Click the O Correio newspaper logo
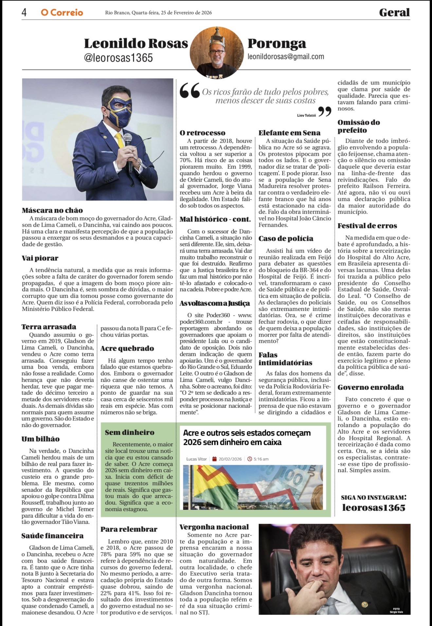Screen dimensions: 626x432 (62, 13)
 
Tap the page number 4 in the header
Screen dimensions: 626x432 (24, 12)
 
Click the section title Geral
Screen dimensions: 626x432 (394, 13)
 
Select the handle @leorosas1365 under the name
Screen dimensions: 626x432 (118, 58)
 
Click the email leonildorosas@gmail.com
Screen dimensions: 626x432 (286, 57)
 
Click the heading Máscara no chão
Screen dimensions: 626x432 (52, 210)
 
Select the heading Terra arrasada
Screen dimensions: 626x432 (49, 327)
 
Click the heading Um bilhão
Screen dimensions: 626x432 (41, 439)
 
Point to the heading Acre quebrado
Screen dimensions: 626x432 (127, 348)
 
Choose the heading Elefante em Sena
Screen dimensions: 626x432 (289, 133)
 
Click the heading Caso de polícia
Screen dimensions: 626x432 (286, 238)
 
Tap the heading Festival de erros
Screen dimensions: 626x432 (367, 226)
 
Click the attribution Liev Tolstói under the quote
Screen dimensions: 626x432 (306, 115)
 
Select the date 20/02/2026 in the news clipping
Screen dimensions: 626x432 (230, 459)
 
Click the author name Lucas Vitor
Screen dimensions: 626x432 (196, 459)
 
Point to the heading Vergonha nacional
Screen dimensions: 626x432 (214, 527)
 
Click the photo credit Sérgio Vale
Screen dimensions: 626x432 (396, 612)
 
